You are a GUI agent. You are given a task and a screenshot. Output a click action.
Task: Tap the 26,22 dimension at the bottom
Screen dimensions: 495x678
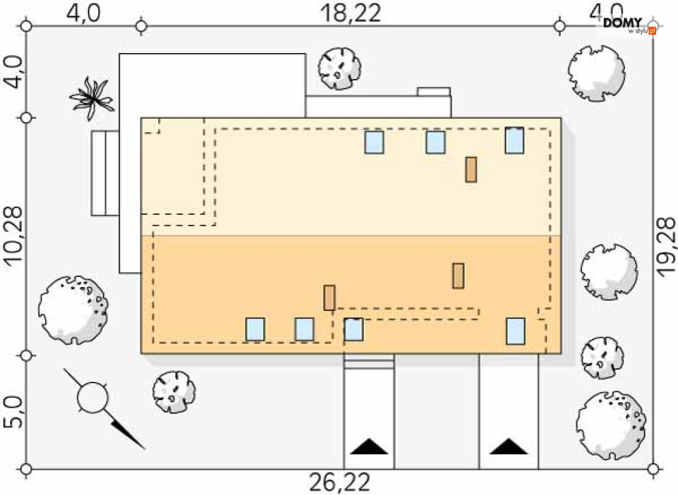340,483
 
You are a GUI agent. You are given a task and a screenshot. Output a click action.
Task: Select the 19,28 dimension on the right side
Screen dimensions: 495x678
666,246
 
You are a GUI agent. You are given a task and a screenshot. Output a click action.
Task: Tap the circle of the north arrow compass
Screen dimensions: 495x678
93,398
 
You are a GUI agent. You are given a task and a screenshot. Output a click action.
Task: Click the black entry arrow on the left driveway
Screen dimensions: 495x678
369,447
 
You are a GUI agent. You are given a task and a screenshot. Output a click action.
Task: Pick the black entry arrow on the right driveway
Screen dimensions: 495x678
508,447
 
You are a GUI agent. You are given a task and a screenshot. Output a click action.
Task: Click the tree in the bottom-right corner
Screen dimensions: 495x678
611,424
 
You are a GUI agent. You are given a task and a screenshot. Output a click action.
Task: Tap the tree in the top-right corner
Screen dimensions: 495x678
596,72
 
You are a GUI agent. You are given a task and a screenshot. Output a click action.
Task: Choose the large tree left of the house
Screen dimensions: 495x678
72,309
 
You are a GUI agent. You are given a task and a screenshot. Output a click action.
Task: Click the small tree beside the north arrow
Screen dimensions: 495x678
173,392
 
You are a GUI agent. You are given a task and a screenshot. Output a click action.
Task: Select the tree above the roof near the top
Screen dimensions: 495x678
339,67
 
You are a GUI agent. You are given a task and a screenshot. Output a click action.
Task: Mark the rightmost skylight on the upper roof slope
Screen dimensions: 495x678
514,140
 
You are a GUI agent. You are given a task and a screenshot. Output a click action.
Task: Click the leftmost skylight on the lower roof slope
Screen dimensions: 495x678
255,329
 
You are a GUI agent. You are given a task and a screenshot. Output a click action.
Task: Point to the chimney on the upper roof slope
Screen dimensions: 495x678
471,169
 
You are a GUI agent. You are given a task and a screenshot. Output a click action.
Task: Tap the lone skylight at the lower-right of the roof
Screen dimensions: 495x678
516,331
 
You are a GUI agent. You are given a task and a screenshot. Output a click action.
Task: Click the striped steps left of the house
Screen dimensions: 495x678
106,172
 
